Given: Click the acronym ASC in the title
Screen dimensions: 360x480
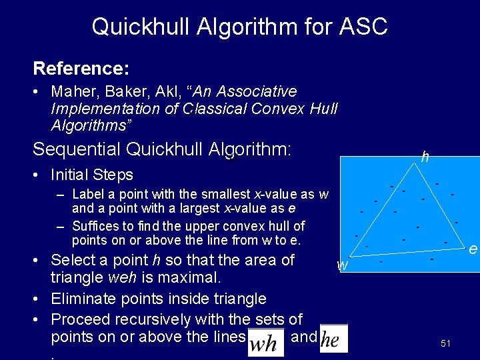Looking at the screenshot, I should click(363, 27).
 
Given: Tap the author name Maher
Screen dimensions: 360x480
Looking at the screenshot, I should click(73, 91).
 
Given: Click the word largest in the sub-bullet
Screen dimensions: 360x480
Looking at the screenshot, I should click(197, 208).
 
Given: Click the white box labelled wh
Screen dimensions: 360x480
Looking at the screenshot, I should click(265, 343).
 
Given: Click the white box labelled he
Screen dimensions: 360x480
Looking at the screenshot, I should click(333, 340).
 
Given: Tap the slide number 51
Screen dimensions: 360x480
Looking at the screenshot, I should click(446, 343).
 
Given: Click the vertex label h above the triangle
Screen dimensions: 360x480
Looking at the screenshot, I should click(425, 158).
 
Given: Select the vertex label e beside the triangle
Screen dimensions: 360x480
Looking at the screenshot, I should click(473, 249).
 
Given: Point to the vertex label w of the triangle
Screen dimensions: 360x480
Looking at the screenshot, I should click(343, 265).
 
